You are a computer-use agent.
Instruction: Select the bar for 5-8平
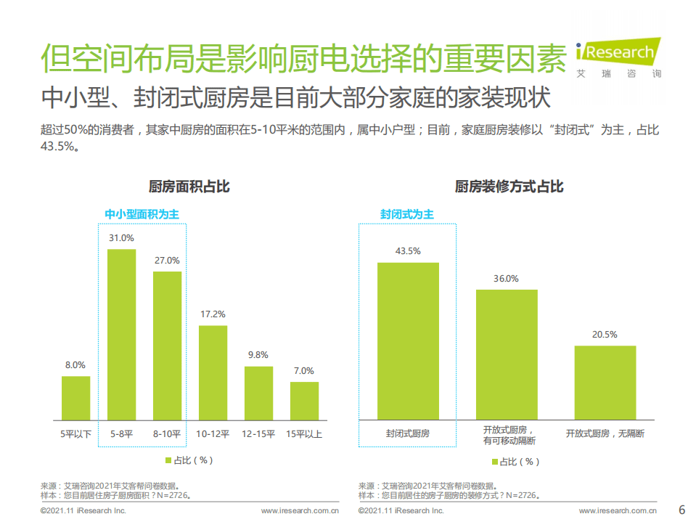point(121,334)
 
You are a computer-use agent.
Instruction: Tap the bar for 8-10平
point(167,346)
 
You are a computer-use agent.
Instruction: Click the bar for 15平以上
point(304,401)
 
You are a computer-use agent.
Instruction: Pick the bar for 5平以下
point(75,398)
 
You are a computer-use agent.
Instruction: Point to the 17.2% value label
point(213,314)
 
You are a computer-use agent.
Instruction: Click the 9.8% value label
point(258,355)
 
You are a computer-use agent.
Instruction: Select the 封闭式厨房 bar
point(408,340)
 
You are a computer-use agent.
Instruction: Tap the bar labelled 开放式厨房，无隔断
point(605,383)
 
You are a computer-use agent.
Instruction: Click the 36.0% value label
point(507,278)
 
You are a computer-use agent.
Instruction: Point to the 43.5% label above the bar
point(408,251)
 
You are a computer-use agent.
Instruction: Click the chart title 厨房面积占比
point(189,187)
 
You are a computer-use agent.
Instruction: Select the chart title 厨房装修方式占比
point(509,187)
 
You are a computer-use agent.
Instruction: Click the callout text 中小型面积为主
point(142,214)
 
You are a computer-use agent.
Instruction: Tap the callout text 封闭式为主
point(407,214)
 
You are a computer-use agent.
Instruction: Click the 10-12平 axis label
point(213,433)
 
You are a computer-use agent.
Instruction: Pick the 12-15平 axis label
point(258,433)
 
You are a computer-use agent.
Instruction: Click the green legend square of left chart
point(168,460)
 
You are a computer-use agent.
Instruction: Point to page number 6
point(681,508)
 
